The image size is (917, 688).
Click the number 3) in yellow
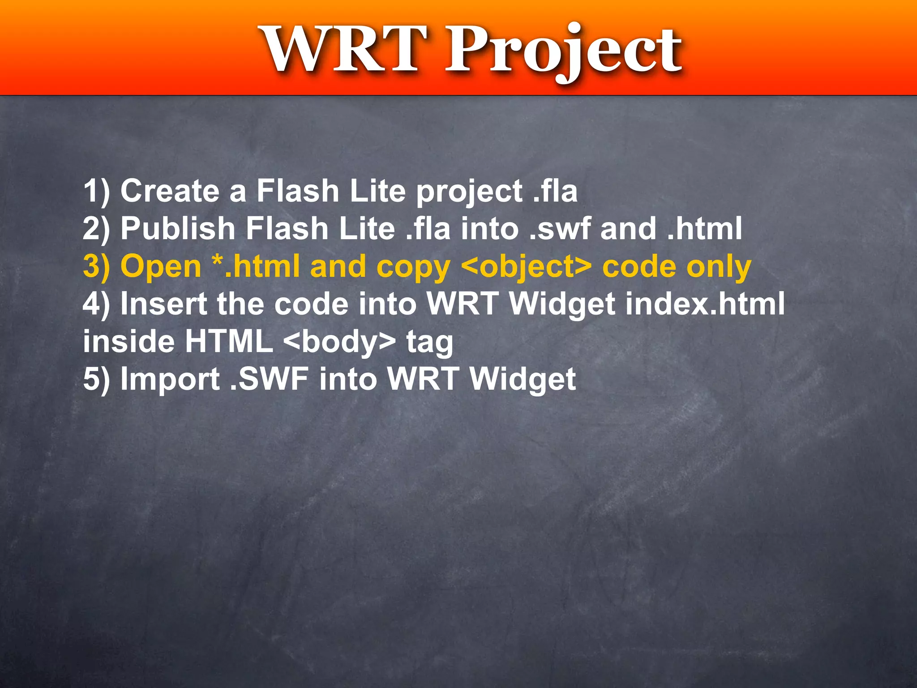[96, 267]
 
